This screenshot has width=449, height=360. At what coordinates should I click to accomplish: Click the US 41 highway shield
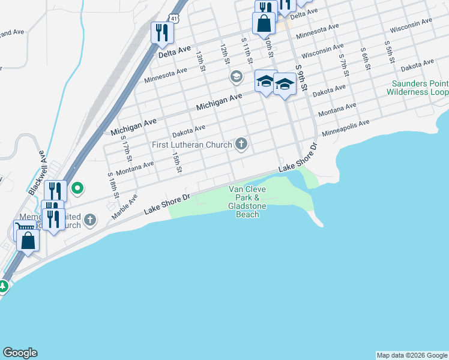click(173, 19)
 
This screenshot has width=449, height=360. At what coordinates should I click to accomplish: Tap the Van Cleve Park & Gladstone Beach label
click(247, 202)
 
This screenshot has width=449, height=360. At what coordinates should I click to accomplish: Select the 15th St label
click(177, 161)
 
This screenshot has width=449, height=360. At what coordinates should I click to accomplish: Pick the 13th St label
click(200, 61)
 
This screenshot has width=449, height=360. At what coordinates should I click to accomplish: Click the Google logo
click(20, 353)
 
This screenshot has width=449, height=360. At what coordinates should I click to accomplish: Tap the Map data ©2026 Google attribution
click(412, 355)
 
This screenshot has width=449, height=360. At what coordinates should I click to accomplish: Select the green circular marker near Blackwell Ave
click(77, 189)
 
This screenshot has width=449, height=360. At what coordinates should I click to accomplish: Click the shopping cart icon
click(25, 227)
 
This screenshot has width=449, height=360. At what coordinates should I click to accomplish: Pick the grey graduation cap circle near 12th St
click(236, 77)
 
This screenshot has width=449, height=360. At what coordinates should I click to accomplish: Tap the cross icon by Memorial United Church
click(90, 220)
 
